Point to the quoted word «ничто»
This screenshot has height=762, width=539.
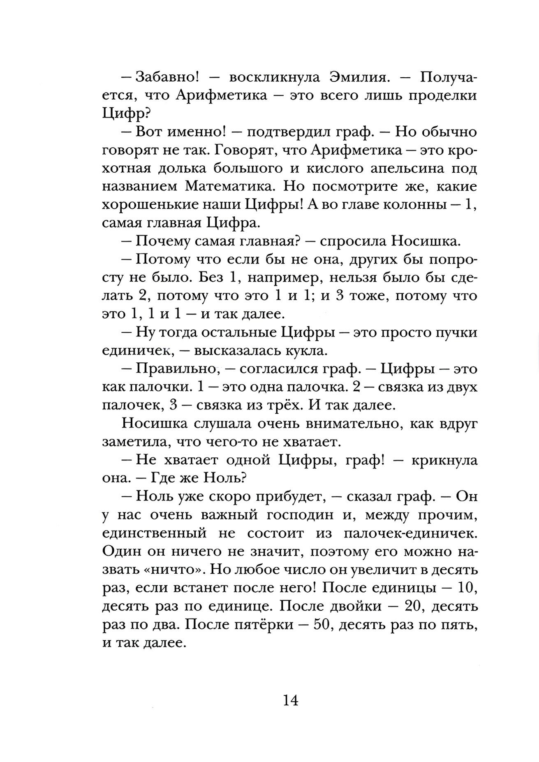pyautogui.click(x=164, y=570)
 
